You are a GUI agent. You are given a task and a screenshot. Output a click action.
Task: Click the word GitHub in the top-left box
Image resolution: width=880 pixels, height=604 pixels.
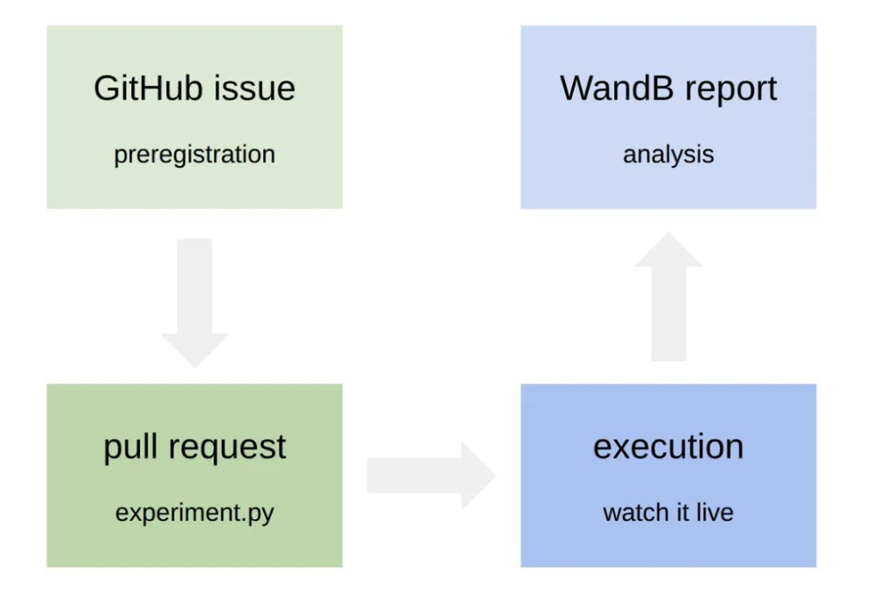pyautogui.click(x=148, y=88)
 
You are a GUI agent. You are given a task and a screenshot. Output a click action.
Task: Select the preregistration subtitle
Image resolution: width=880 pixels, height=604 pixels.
pyautogui.click(x=194, y=155)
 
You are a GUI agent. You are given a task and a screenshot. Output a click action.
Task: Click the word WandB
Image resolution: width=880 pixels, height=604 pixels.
pyautogui.click(x=617, y=88)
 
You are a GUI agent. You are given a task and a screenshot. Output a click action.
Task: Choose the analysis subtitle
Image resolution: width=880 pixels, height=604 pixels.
pyautogui.click(x=669, y=155)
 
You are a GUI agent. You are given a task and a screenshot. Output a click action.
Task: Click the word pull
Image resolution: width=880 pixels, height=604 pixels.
pyautogui.click(x=130, y=447)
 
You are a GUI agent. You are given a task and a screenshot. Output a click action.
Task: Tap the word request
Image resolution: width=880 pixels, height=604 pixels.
pyautogui.click(x=227, y=448)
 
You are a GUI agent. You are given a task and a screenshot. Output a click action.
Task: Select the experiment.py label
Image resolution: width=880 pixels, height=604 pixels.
pyautogui.click(x=194, y=513)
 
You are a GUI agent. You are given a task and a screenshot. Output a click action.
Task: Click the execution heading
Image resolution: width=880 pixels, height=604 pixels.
pyautogui.click(x=669, y=447)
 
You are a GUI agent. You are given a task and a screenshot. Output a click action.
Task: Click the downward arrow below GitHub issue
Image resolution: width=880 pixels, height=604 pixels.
pyautogui.click(x=194, y=302)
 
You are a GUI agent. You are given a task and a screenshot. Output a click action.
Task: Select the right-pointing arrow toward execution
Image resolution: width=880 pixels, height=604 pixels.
pyautogui.click(x=431, y=476)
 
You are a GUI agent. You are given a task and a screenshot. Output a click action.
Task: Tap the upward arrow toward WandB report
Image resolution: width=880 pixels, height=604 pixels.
pyautogui.click(x=669, y=296)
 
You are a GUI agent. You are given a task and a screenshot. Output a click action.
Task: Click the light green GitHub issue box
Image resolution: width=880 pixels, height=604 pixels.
pyautogui.click(x=194, y=117)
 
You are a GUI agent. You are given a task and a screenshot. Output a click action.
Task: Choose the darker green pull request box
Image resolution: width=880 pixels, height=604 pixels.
pyautogui.click(x=194, y=476)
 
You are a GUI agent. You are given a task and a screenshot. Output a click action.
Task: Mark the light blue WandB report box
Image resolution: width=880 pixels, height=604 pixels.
pyautogui.click(x=669, y=117)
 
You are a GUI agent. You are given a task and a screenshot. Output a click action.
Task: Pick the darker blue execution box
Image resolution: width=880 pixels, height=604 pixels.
pyautogui.click(x=669, y=476)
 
